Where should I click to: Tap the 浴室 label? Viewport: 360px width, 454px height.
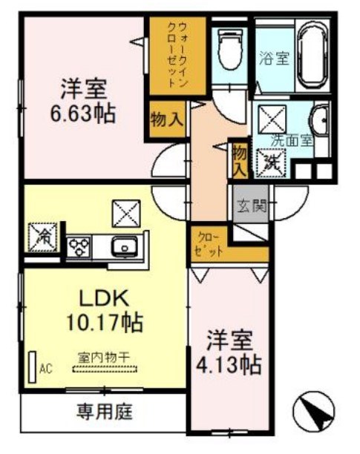coord(272,58)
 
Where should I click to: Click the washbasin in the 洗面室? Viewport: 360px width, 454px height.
coord(321,120)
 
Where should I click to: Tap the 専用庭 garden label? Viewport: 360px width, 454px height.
coord(104,409)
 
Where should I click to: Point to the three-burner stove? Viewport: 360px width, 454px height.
coord(79,246)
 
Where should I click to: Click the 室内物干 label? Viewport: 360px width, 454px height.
coord(104,357)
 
